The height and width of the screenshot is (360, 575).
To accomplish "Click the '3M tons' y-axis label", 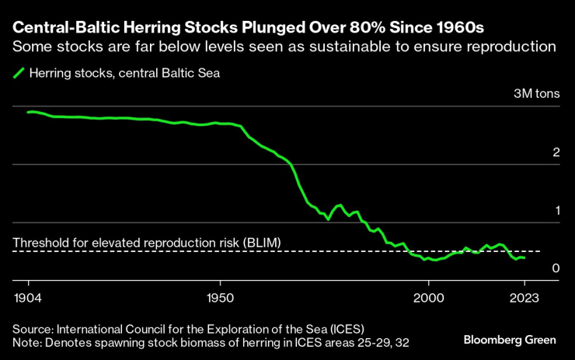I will (537, 94).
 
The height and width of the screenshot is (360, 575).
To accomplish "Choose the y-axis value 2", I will (556, 152).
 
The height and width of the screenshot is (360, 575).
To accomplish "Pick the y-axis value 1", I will (556, 210).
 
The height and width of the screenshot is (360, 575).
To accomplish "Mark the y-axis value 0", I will (556, 268).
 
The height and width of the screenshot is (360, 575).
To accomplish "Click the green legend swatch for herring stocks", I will (19, 74).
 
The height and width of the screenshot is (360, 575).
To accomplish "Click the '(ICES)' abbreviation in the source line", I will (340, 327).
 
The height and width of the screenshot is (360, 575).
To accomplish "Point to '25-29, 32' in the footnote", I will (383, 342).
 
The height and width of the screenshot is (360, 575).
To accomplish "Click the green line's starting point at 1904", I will (29, 112).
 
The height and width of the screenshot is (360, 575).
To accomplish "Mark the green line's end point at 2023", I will (524, 257).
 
